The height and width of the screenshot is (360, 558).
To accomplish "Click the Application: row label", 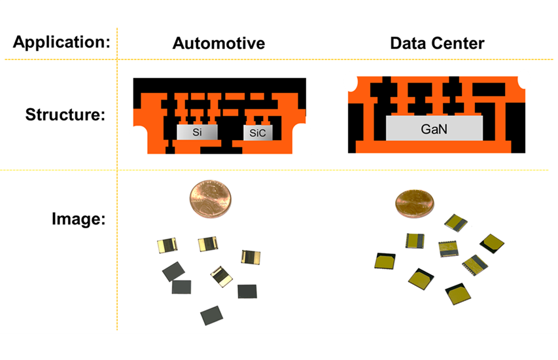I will click(61, 43).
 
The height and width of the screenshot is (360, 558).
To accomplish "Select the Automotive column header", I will click(218, 44).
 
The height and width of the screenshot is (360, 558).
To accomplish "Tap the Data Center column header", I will click(437, 44).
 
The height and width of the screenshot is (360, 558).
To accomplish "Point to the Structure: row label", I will click(65, 115).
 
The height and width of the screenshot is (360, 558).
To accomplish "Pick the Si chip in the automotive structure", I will click(198, 132).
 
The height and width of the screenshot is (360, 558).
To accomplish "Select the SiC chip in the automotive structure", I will click(258, 133).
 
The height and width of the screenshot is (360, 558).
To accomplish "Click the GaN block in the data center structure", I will click(434, 130).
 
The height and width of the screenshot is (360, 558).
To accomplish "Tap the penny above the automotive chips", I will click(210, 200).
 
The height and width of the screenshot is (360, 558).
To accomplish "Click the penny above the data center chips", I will click(413, 204).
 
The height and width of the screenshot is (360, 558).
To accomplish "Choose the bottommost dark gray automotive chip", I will click(213, 315).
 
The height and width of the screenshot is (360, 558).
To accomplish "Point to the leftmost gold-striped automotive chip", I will click(168, 246).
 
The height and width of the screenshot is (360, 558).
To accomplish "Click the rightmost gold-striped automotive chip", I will click(251, 257).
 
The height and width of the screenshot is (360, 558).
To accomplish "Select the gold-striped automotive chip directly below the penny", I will click(209, 244).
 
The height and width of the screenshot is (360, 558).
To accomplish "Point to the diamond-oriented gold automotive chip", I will click(221, 277).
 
